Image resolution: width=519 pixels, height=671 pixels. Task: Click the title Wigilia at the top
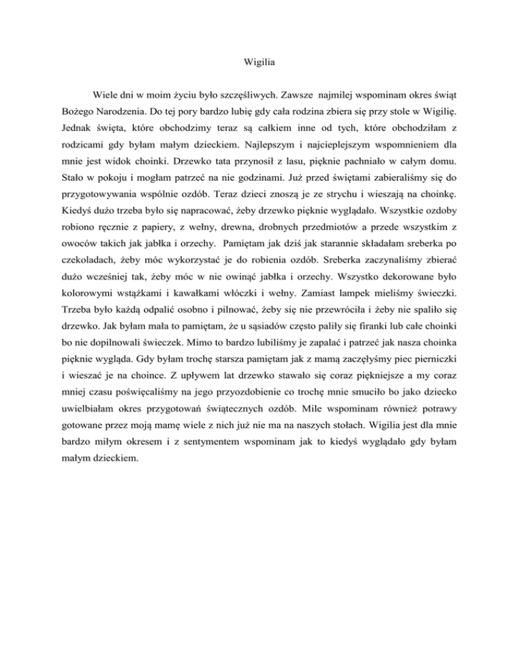(259, 65)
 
